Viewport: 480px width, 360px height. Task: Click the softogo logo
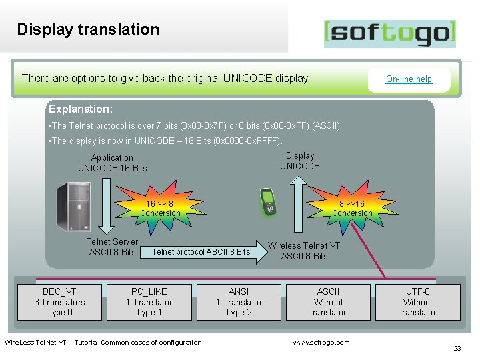390,33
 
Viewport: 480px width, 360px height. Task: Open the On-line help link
409,79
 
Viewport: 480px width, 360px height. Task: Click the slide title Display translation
88,29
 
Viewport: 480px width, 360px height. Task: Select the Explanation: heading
81,108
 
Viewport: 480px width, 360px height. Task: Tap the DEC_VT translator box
59,302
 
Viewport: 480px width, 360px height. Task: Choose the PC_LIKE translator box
149,302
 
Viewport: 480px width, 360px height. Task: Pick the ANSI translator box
239,302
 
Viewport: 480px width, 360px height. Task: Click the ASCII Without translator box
328,302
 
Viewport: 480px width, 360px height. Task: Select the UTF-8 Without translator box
418,302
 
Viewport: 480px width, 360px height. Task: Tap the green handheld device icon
270,202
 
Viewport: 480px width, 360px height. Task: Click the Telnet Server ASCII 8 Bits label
112,247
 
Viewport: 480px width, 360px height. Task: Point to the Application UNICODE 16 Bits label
112,163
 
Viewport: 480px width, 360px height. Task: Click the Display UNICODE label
300,161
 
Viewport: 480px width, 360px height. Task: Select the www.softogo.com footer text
321,343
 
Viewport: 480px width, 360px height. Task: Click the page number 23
457,349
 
